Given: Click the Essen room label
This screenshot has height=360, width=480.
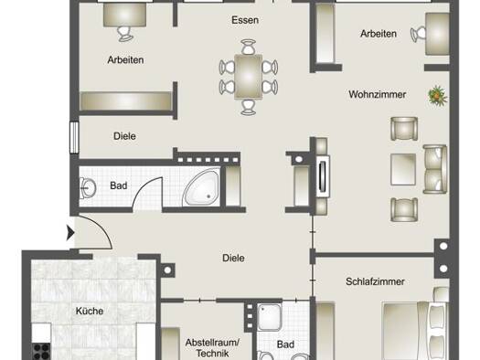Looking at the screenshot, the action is tap(245, 20).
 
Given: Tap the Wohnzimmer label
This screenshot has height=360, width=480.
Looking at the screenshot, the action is tap(377, 94).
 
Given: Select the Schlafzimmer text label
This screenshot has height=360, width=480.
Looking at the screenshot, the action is tap(375, 281).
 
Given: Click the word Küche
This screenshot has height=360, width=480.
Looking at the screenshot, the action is tap(90, 311).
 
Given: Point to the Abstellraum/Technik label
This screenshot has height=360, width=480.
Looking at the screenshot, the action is tap(212, 348).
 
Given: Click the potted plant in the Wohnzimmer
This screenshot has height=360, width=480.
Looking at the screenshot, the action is tap(438, 96).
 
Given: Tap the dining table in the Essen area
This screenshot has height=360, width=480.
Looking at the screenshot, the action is tap(249, 77).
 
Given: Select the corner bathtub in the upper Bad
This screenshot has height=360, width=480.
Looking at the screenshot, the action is tap(201, 187).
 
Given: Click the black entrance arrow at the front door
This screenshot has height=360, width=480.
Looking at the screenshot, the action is tap(70, 233).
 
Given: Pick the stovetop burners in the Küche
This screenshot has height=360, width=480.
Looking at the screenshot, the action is tap(41, 352).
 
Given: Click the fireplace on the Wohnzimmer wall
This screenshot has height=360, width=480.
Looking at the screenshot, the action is tap(323, 175).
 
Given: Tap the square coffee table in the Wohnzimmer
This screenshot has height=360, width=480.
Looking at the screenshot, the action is tap(403, 169).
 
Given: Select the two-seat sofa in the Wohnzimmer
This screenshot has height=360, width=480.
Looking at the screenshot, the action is tap(434, 169).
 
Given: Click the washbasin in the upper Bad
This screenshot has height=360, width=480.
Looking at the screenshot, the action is tap(87, 188).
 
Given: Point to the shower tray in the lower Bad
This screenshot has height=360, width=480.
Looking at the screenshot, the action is tap(269, 317).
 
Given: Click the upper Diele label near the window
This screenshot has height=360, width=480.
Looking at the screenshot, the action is tap(124, 136).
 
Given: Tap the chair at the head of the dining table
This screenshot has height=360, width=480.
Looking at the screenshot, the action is tap(249, 47).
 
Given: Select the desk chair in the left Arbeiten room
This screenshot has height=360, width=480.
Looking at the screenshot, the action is tap(125, 34).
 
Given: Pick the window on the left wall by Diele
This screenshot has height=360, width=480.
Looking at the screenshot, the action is tap(74, 137).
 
